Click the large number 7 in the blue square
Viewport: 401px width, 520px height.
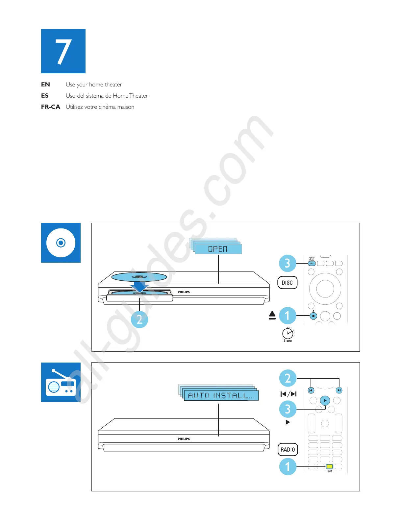[x=63, y=51]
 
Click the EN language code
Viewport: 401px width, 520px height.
[x=45, y=84]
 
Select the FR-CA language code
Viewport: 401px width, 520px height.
[x=50, y=107]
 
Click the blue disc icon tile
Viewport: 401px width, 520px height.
[x=61, y=243]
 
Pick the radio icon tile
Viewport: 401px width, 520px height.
[x=61, y=382]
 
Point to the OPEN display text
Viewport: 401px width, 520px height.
[x=218, y=249]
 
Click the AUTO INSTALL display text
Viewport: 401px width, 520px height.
[x=221, y=395]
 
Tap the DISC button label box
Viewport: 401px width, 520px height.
[x=287, y=283]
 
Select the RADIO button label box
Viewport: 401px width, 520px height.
[x=288, y=449]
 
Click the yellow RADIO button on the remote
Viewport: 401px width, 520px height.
[x=330, y=466]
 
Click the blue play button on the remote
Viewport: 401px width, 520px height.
[x=325, y=400]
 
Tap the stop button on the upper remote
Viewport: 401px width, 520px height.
[x=313, y=316]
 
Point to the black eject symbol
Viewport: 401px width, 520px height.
[x=272, y=316]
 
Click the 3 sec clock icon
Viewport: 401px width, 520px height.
[x=288, y=333]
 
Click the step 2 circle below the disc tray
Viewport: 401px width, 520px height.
[x=139, y=319]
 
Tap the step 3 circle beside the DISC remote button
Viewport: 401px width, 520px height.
[x=288, y=263]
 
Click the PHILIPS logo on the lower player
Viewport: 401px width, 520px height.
[x=184, y=439]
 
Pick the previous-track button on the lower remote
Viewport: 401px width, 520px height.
[x=311, y=390]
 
